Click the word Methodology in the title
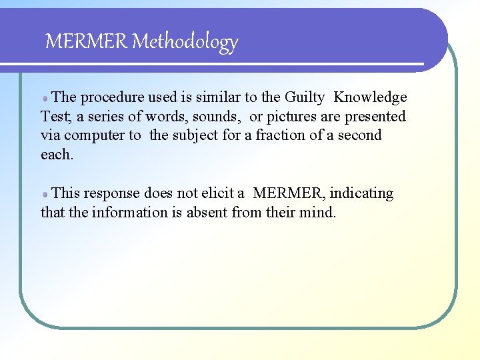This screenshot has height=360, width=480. click(x=185, y=42)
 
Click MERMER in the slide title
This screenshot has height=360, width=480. click(x=86, y=42)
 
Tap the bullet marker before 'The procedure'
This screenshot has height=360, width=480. click(x=45, y=98)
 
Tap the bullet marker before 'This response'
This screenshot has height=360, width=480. click(x=45, y=194)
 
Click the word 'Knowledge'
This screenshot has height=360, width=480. click(x=370, y=97)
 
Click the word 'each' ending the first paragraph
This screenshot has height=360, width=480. click(x=55, y=154)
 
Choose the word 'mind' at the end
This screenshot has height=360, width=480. click(x=319, y=212)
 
